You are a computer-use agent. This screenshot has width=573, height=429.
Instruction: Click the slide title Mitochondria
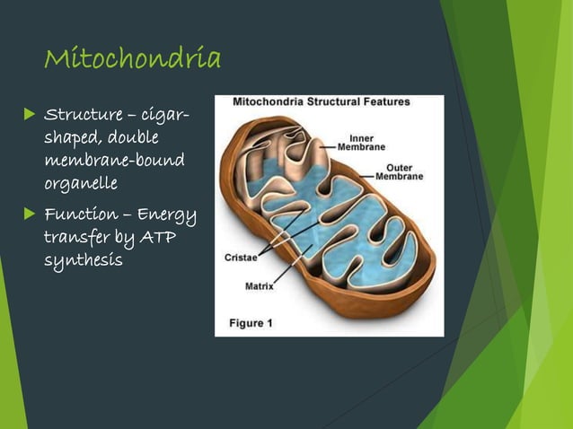132,59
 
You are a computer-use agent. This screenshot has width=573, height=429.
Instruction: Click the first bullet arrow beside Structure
29,115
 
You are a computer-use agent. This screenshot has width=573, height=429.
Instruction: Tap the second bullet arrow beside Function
29,214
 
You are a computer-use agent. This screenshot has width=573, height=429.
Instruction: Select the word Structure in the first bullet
83,115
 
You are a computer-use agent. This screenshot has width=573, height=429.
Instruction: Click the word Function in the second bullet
80,214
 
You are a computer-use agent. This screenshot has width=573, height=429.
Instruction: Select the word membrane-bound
114,161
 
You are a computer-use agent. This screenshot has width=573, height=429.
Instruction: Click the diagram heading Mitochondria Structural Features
322,102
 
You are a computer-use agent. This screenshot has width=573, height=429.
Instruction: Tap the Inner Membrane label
361,143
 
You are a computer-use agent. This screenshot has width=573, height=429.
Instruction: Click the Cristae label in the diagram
242,257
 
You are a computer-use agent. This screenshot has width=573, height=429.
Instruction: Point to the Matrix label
260,288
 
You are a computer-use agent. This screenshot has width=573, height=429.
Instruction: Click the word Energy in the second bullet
167,214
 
